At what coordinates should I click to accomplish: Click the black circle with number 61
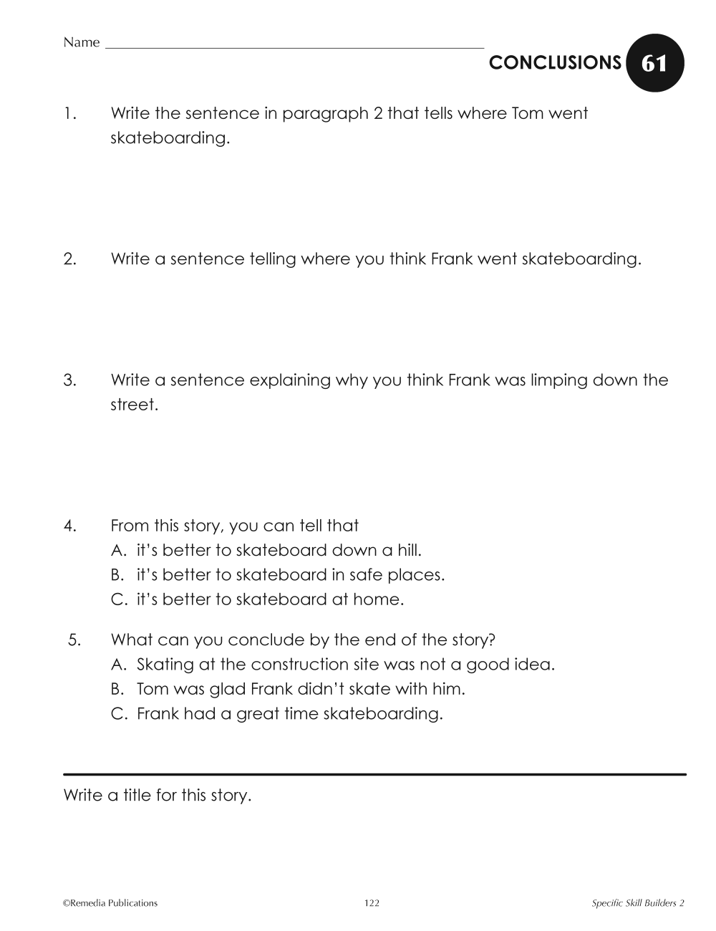654,64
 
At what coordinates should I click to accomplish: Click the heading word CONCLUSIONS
555,63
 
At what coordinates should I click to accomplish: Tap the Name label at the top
81,42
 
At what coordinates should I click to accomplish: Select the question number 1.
69,113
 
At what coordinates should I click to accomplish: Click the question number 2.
69,259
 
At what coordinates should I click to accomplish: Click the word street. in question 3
134,405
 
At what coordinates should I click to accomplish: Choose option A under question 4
266,550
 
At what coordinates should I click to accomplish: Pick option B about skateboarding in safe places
278,574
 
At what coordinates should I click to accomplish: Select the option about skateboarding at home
258,599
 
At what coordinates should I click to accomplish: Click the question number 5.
74,640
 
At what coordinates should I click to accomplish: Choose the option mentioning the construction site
333,664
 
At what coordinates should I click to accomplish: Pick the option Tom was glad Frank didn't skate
289,689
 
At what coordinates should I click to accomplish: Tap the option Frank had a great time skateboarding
277,713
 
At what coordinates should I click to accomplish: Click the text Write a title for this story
158,795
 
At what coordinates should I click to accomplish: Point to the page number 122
372,903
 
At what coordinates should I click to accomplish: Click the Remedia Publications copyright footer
110,903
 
